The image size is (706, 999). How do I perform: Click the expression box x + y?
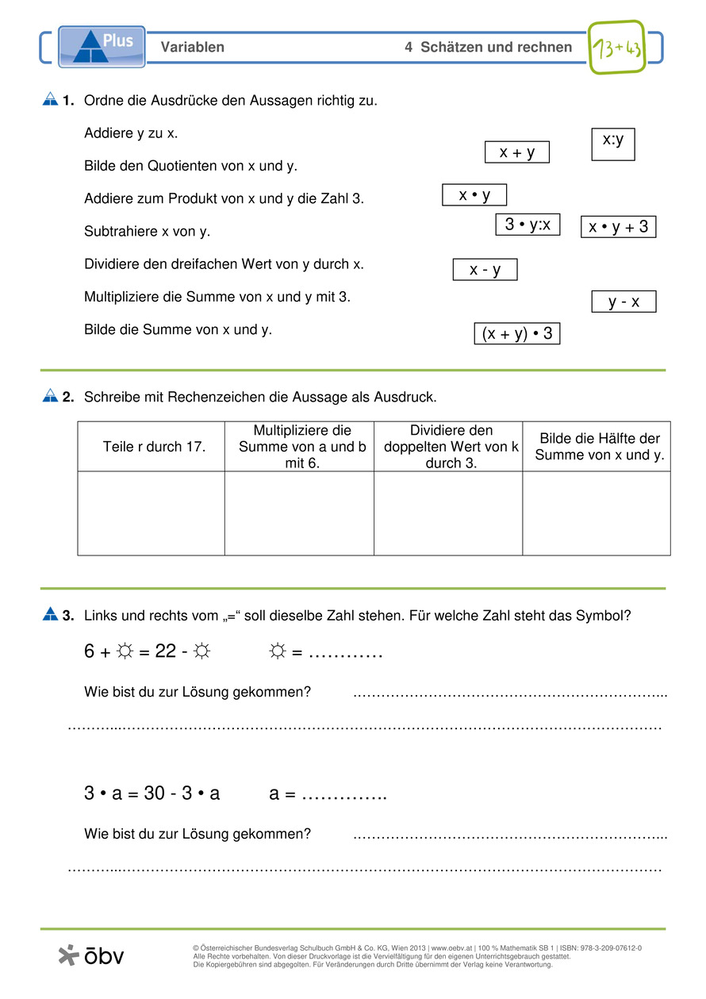(516, 152)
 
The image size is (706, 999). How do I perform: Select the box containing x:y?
(613, 144)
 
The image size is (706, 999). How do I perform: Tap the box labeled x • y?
(474, 194)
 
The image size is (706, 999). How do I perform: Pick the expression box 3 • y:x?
(528, 225)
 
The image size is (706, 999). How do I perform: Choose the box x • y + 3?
(619, 227)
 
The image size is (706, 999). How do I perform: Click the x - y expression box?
(485, 270)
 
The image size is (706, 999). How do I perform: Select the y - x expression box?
(624, 302)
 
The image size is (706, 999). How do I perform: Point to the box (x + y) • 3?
(516, 334)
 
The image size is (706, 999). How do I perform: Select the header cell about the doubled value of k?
(449, 447)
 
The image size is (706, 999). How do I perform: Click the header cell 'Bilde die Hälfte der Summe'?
(599, 447)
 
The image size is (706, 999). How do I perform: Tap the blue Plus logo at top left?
(102, 46)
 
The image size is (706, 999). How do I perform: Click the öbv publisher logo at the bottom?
(92, 955)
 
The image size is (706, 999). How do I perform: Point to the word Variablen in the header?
(192, 48)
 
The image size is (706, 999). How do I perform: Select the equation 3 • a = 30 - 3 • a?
(152, 793)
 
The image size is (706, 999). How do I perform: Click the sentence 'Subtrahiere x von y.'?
(147, 232)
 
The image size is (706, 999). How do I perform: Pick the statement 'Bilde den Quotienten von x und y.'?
(190, 167)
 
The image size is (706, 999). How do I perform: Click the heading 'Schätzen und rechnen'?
(496, 48)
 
